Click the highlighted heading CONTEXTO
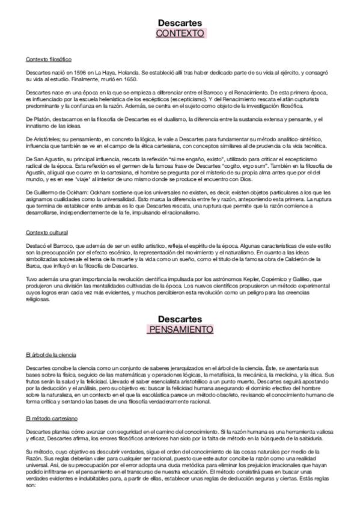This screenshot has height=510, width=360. [x=180, y=34]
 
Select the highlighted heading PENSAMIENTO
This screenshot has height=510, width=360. [x=180, y=330]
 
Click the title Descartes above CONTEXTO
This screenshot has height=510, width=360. [x=180, y=23]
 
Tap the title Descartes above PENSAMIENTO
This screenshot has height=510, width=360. [x=180, y=319]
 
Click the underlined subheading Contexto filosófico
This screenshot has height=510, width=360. [x=49, y=60]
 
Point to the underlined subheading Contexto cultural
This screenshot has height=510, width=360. [x=47, y=232]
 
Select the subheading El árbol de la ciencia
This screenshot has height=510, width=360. [x=50, y=355]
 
